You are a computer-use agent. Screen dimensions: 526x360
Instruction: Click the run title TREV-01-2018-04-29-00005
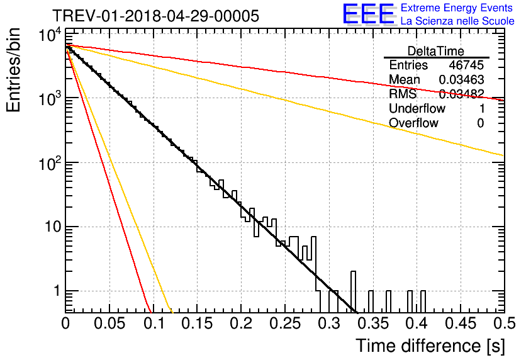(x=155, y=16)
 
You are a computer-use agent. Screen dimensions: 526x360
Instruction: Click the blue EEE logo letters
(x=369, y=14)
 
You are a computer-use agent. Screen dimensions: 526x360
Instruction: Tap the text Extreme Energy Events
(x=457, y=8)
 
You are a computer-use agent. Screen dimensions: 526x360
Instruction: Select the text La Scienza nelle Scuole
(x=457, y=21)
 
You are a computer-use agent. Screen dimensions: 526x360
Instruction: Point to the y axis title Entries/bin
(x=13, y=70)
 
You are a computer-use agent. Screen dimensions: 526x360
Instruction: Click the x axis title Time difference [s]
(x=430, y=346)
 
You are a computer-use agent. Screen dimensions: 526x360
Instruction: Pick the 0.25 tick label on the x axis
(x=285, y=323)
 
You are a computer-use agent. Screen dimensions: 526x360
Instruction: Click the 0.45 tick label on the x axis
(x=461, y=323)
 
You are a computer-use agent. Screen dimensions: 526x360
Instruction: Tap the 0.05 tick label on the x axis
(x=109, y=323)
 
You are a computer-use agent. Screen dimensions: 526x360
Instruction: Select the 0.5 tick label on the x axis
(x=504, y=323)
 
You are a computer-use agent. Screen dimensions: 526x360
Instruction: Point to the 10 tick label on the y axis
(x=53, y=227)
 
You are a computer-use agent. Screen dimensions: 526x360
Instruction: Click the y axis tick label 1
(x=57, y=291)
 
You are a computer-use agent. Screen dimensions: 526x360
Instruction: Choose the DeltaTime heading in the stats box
(x=436, y=51)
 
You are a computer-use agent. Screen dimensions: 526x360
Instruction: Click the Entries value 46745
(x=466, y=65)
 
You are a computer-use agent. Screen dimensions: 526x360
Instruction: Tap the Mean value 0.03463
(x=462, y=79)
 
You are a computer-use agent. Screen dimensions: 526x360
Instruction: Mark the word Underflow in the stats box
(x=417, y=108)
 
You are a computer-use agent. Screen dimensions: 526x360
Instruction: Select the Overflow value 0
(x=480, y=123)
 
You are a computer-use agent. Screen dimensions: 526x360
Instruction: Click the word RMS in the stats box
(x=403, y=94)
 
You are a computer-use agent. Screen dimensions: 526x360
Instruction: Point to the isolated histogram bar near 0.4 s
(x=423, y=301)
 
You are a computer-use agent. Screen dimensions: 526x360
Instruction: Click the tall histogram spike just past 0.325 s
(x=353, y=292)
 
